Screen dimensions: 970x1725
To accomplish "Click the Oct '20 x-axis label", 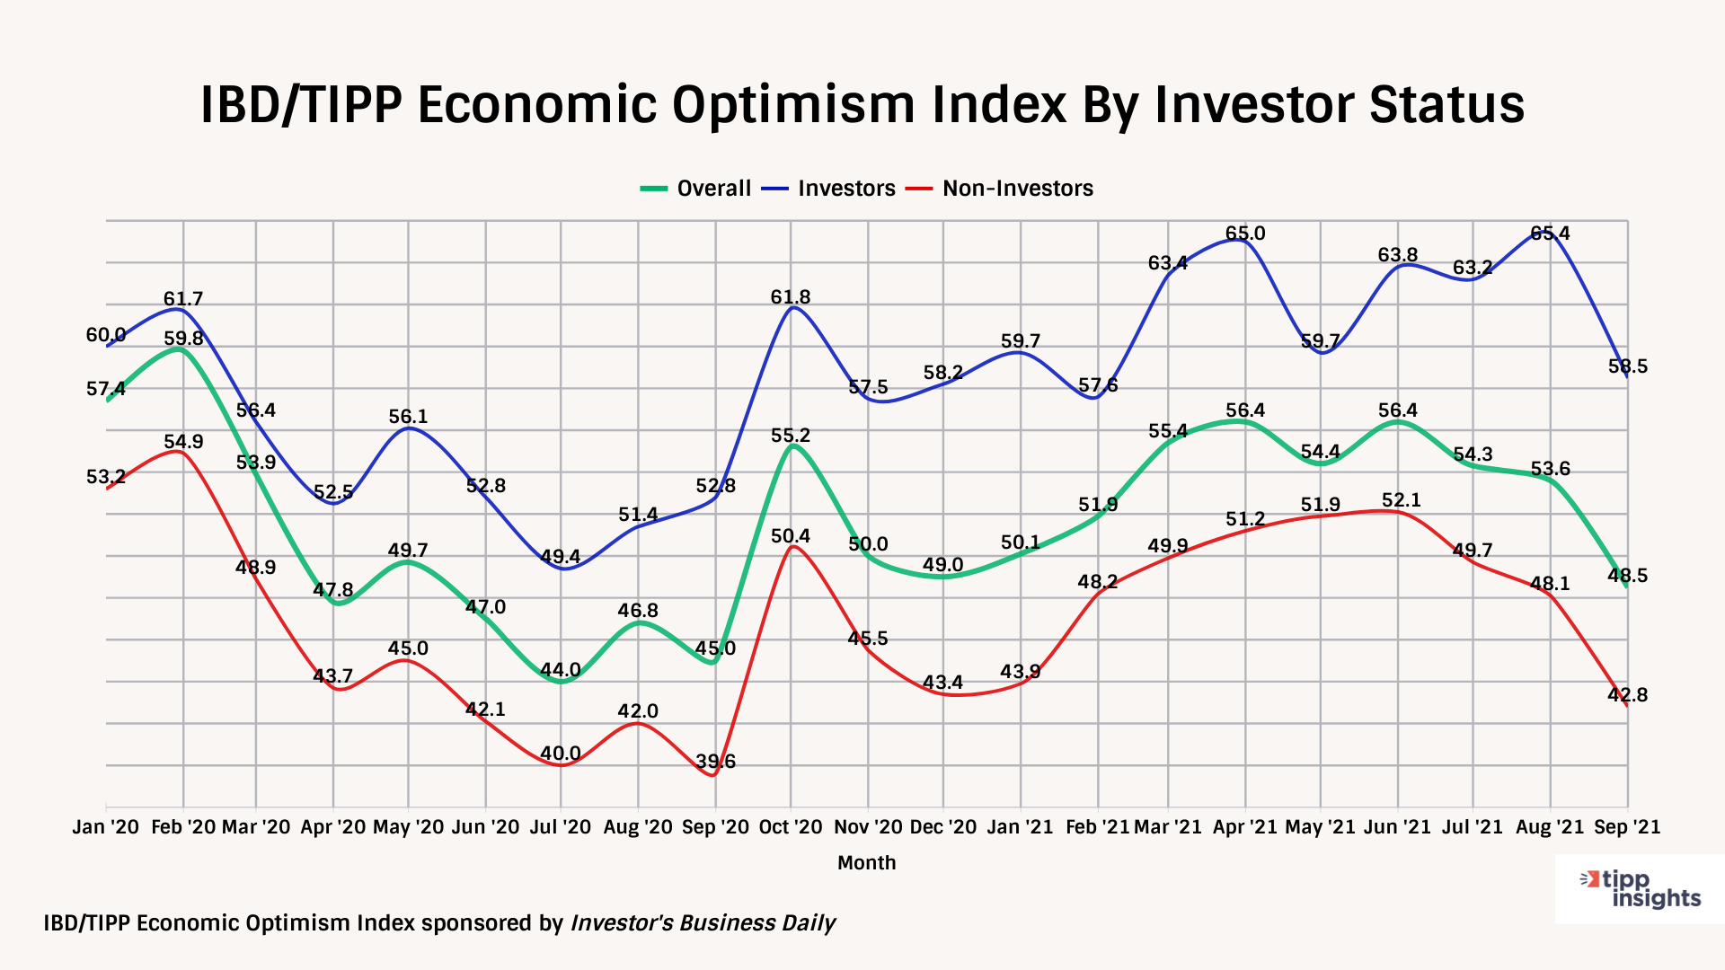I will tap(791, 827).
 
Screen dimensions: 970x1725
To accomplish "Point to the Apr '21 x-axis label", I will tap(1244, 827).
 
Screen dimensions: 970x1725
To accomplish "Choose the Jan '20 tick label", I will tap(106, 827).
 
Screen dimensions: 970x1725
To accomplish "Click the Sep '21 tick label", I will tap(1627, 827).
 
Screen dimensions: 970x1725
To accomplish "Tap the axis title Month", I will tap(866, 863).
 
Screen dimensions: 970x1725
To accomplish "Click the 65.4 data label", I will tap(1550, 234).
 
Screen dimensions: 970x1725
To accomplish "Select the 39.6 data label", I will tap(716, 762).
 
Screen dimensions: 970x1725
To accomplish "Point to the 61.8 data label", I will tap(791, 297).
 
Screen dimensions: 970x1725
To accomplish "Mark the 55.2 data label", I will tap(791, 436).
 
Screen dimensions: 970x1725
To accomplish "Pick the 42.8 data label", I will tap(1628, 695).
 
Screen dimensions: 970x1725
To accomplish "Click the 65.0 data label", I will tap(1245, 234).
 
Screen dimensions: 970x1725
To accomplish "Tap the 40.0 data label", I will tap(561, 754).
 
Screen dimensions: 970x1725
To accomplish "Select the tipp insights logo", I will tap(1640, 889).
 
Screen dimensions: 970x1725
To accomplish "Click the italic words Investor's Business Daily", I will tap(703, 923).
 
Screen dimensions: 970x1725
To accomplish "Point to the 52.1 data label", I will tap(1401, 500).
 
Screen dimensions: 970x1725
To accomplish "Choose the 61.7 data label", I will tap(183, 299).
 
